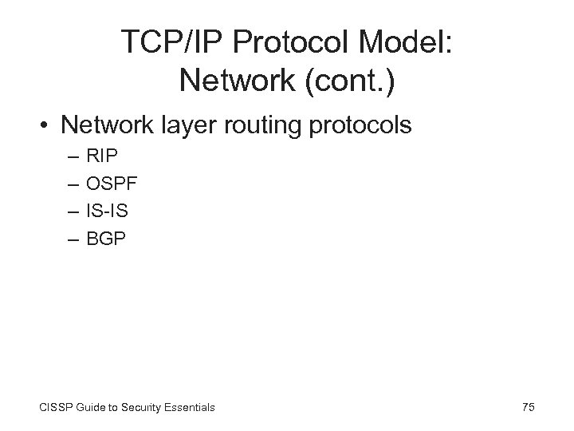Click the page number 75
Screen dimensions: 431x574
click(x=528, y=407)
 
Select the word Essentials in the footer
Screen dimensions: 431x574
click(x=191, y=407)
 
